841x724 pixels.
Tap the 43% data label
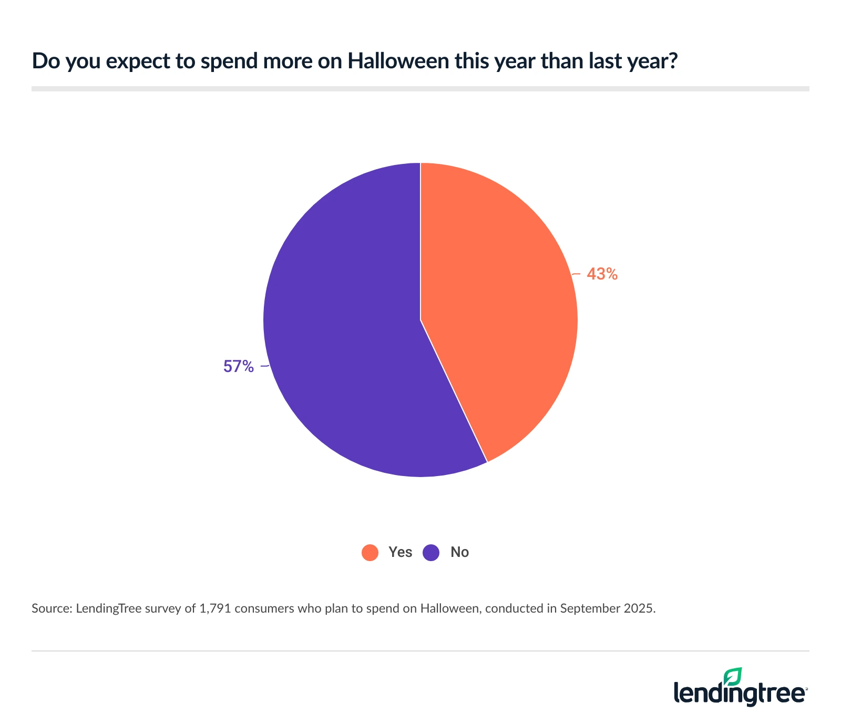click(602, 274)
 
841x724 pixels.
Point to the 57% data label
click(239, 366)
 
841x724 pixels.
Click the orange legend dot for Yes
click(370, 552)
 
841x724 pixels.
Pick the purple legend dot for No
click(431, 552)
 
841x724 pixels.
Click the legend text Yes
click(400, 552)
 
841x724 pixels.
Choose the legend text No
click(459, 552)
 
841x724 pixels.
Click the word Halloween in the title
click(398, 61)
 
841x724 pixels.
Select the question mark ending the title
click(673, 61)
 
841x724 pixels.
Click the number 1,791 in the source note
click(215, 608)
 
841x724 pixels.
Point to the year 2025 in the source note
click(640, 608)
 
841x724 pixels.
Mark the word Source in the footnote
click(50, 608)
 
